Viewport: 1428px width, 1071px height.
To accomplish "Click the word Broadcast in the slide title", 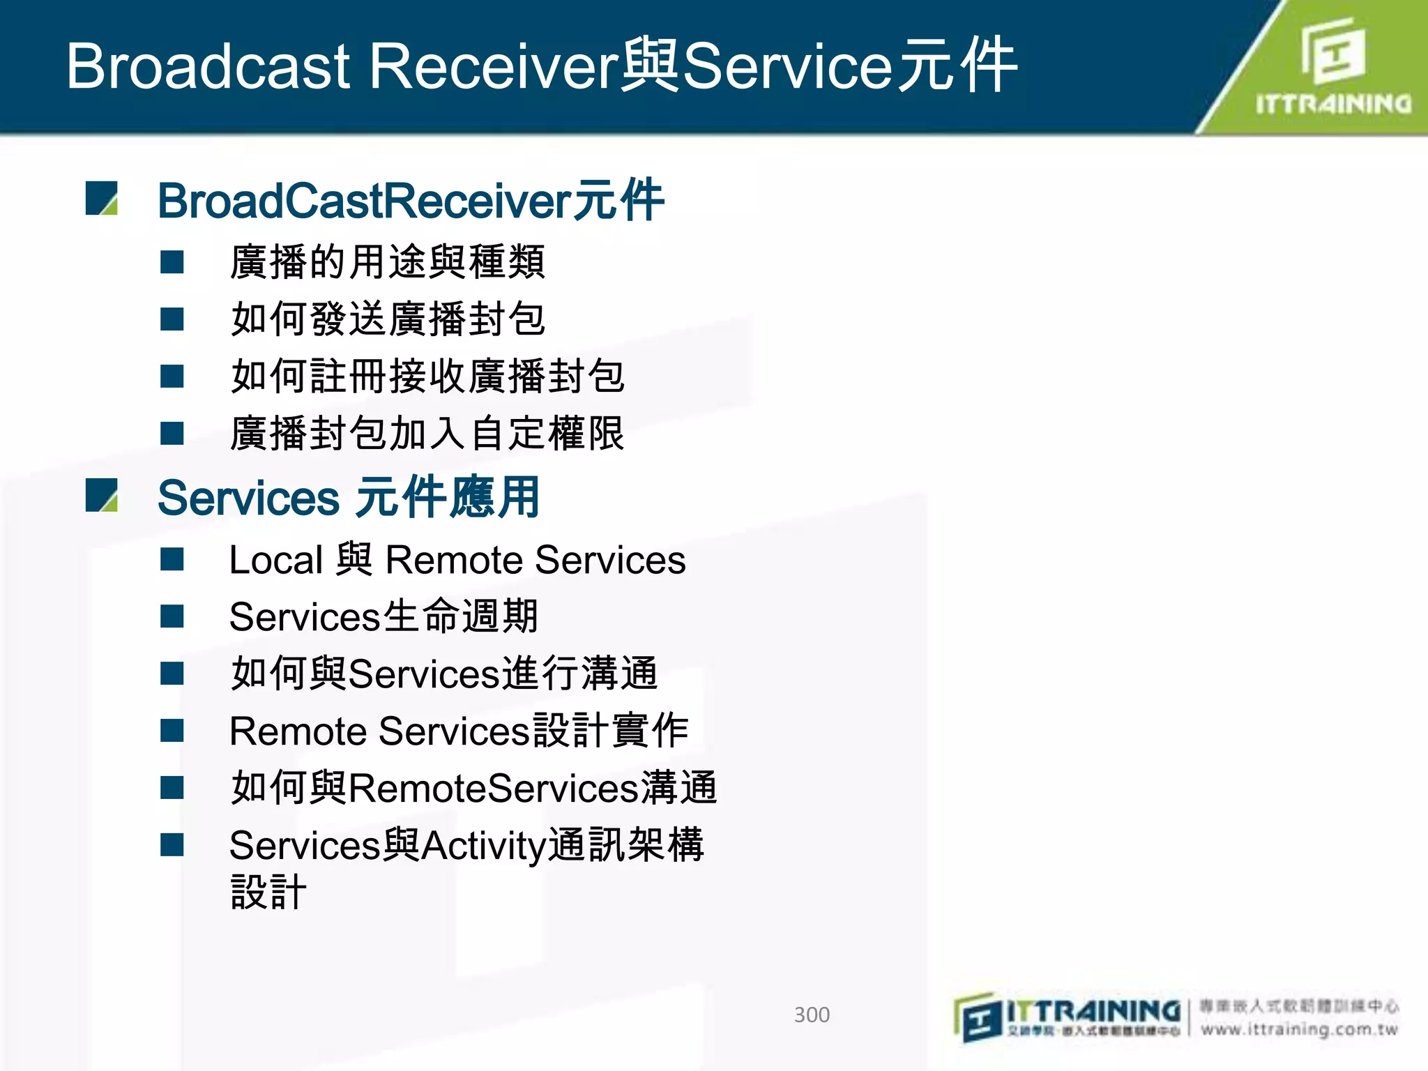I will click(208, 66).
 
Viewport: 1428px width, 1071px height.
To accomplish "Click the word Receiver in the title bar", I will click(492, 66).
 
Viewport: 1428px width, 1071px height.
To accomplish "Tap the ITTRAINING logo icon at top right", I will click(1332, 52).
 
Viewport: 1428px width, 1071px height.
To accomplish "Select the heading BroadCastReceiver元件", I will click(411, 201).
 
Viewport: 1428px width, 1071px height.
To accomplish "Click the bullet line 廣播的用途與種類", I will click(387, 262).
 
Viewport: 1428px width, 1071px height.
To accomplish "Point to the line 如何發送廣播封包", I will click(387, 319).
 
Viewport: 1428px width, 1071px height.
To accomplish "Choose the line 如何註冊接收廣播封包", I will click(427, 377).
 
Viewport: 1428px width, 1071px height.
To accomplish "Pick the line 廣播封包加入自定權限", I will click(427, 434).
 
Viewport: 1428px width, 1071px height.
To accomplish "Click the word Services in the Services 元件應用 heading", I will click(248, 499).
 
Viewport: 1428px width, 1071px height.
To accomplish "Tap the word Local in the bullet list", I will click(276, 561).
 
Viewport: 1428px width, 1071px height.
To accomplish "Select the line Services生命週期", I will click(383, 617).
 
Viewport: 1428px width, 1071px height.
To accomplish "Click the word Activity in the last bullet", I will click(483, 846).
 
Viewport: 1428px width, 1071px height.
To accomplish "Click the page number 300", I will click(812, 1015).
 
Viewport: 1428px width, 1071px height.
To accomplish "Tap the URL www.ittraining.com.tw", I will click(1299, 1030).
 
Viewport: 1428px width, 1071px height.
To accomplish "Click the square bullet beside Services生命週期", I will click(172, 616).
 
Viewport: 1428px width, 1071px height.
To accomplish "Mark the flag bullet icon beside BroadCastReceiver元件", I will click(102, 199).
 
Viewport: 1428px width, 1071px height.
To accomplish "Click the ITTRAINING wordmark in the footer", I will click(1093, 1010).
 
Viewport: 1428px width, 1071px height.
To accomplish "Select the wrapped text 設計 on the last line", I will click(268, 892).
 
